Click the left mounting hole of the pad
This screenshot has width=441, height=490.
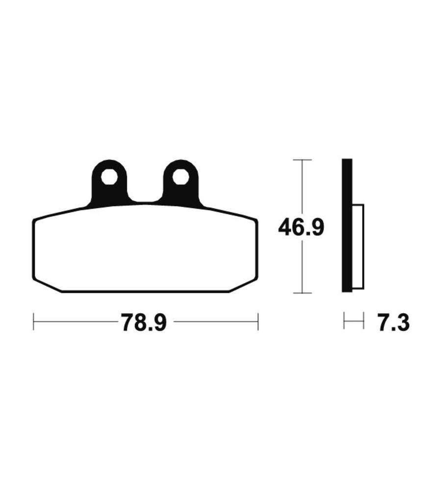109,177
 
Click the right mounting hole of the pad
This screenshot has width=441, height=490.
181,177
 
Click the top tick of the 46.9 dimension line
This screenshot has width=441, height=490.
302,160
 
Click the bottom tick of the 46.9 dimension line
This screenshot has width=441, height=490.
302,293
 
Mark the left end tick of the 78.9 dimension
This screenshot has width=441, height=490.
33,321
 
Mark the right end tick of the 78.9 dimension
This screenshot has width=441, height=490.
258,321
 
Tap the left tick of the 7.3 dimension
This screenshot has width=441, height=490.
344,320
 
